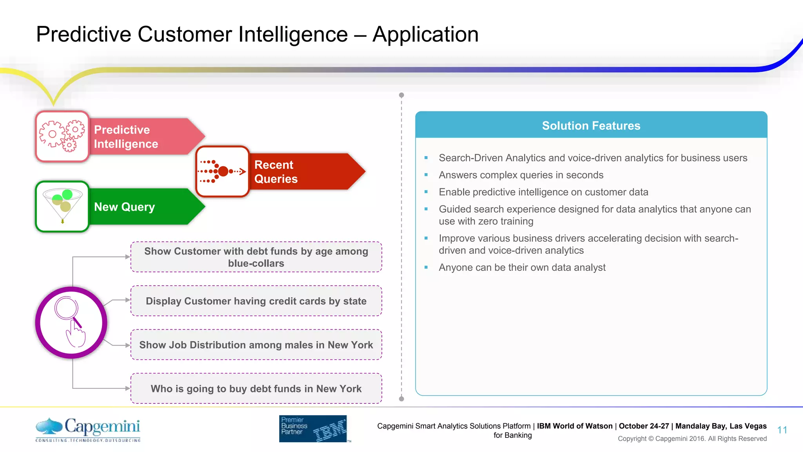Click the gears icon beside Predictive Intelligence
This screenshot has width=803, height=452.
(x=62, y=136)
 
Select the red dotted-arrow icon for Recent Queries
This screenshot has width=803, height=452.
(x=222, y=171)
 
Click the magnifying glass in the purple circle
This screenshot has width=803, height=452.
(x=67, y=310)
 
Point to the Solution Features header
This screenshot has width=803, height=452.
(x=591, y=126)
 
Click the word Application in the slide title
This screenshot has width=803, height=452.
(x=425, y=34)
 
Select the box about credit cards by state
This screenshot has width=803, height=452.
(x=256, y=301)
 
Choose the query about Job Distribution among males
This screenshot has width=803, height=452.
(x=256, y=345)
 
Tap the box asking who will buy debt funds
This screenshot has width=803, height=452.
(x=256, y=388)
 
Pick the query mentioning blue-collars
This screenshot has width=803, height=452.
(x=256, y=257)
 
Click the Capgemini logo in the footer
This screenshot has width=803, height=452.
(x=88, y=429)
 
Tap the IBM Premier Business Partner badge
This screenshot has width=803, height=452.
(x=313, y=428)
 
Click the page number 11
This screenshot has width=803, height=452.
(x=782, y=430)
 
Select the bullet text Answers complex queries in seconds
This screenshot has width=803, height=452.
(x=521, y=175)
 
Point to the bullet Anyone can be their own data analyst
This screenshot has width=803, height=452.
(x=522, y=268)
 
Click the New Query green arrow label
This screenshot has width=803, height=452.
(x=125, y=207)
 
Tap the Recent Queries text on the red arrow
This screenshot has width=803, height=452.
(x=276, y=172)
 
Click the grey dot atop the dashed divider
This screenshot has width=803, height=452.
(x=401, y=95)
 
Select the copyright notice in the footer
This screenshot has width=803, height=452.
(x=692, y=439)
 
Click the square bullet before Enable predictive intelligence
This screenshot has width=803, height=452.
(x=426, y=192)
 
